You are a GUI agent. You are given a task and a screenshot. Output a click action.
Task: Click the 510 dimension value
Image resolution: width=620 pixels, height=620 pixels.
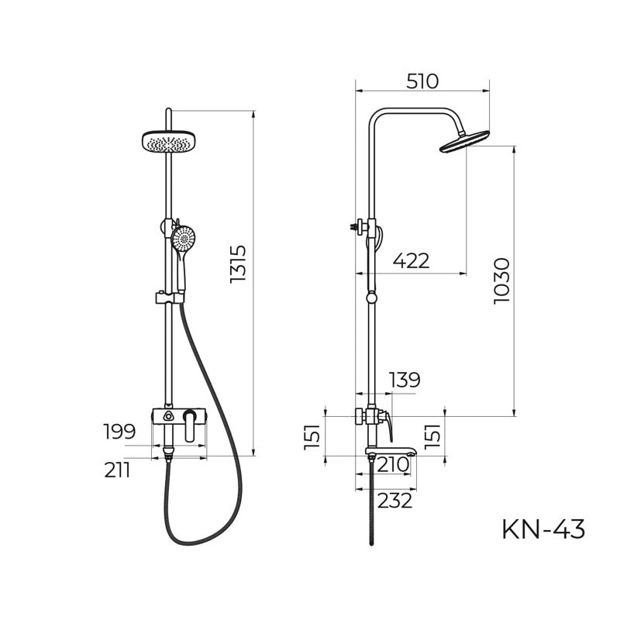click(x=422, y=81)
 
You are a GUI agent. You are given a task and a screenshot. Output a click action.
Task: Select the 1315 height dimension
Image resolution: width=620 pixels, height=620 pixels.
click(x=238, y=263)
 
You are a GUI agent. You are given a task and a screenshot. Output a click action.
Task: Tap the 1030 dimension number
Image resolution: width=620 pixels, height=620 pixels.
click(x=502, y=281)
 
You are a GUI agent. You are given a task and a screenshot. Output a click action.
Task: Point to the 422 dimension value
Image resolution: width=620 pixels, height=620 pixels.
click(x=411, y=261)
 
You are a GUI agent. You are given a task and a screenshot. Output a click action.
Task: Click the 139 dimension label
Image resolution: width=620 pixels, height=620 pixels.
click(x=404, y=380)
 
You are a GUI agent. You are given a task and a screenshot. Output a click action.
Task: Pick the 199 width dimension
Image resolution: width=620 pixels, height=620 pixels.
click(x=119, y=432)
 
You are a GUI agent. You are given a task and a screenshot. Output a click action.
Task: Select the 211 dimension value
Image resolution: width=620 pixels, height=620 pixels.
click(x=117, y=470)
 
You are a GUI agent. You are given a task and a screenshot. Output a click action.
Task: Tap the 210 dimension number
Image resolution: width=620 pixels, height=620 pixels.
click(x=393, y=465)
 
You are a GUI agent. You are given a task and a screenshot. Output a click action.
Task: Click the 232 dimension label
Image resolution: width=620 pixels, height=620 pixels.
click(x=395, y=501)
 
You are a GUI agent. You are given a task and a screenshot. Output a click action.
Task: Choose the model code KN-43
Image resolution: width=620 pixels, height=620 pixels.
click(x=543, y=529)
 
